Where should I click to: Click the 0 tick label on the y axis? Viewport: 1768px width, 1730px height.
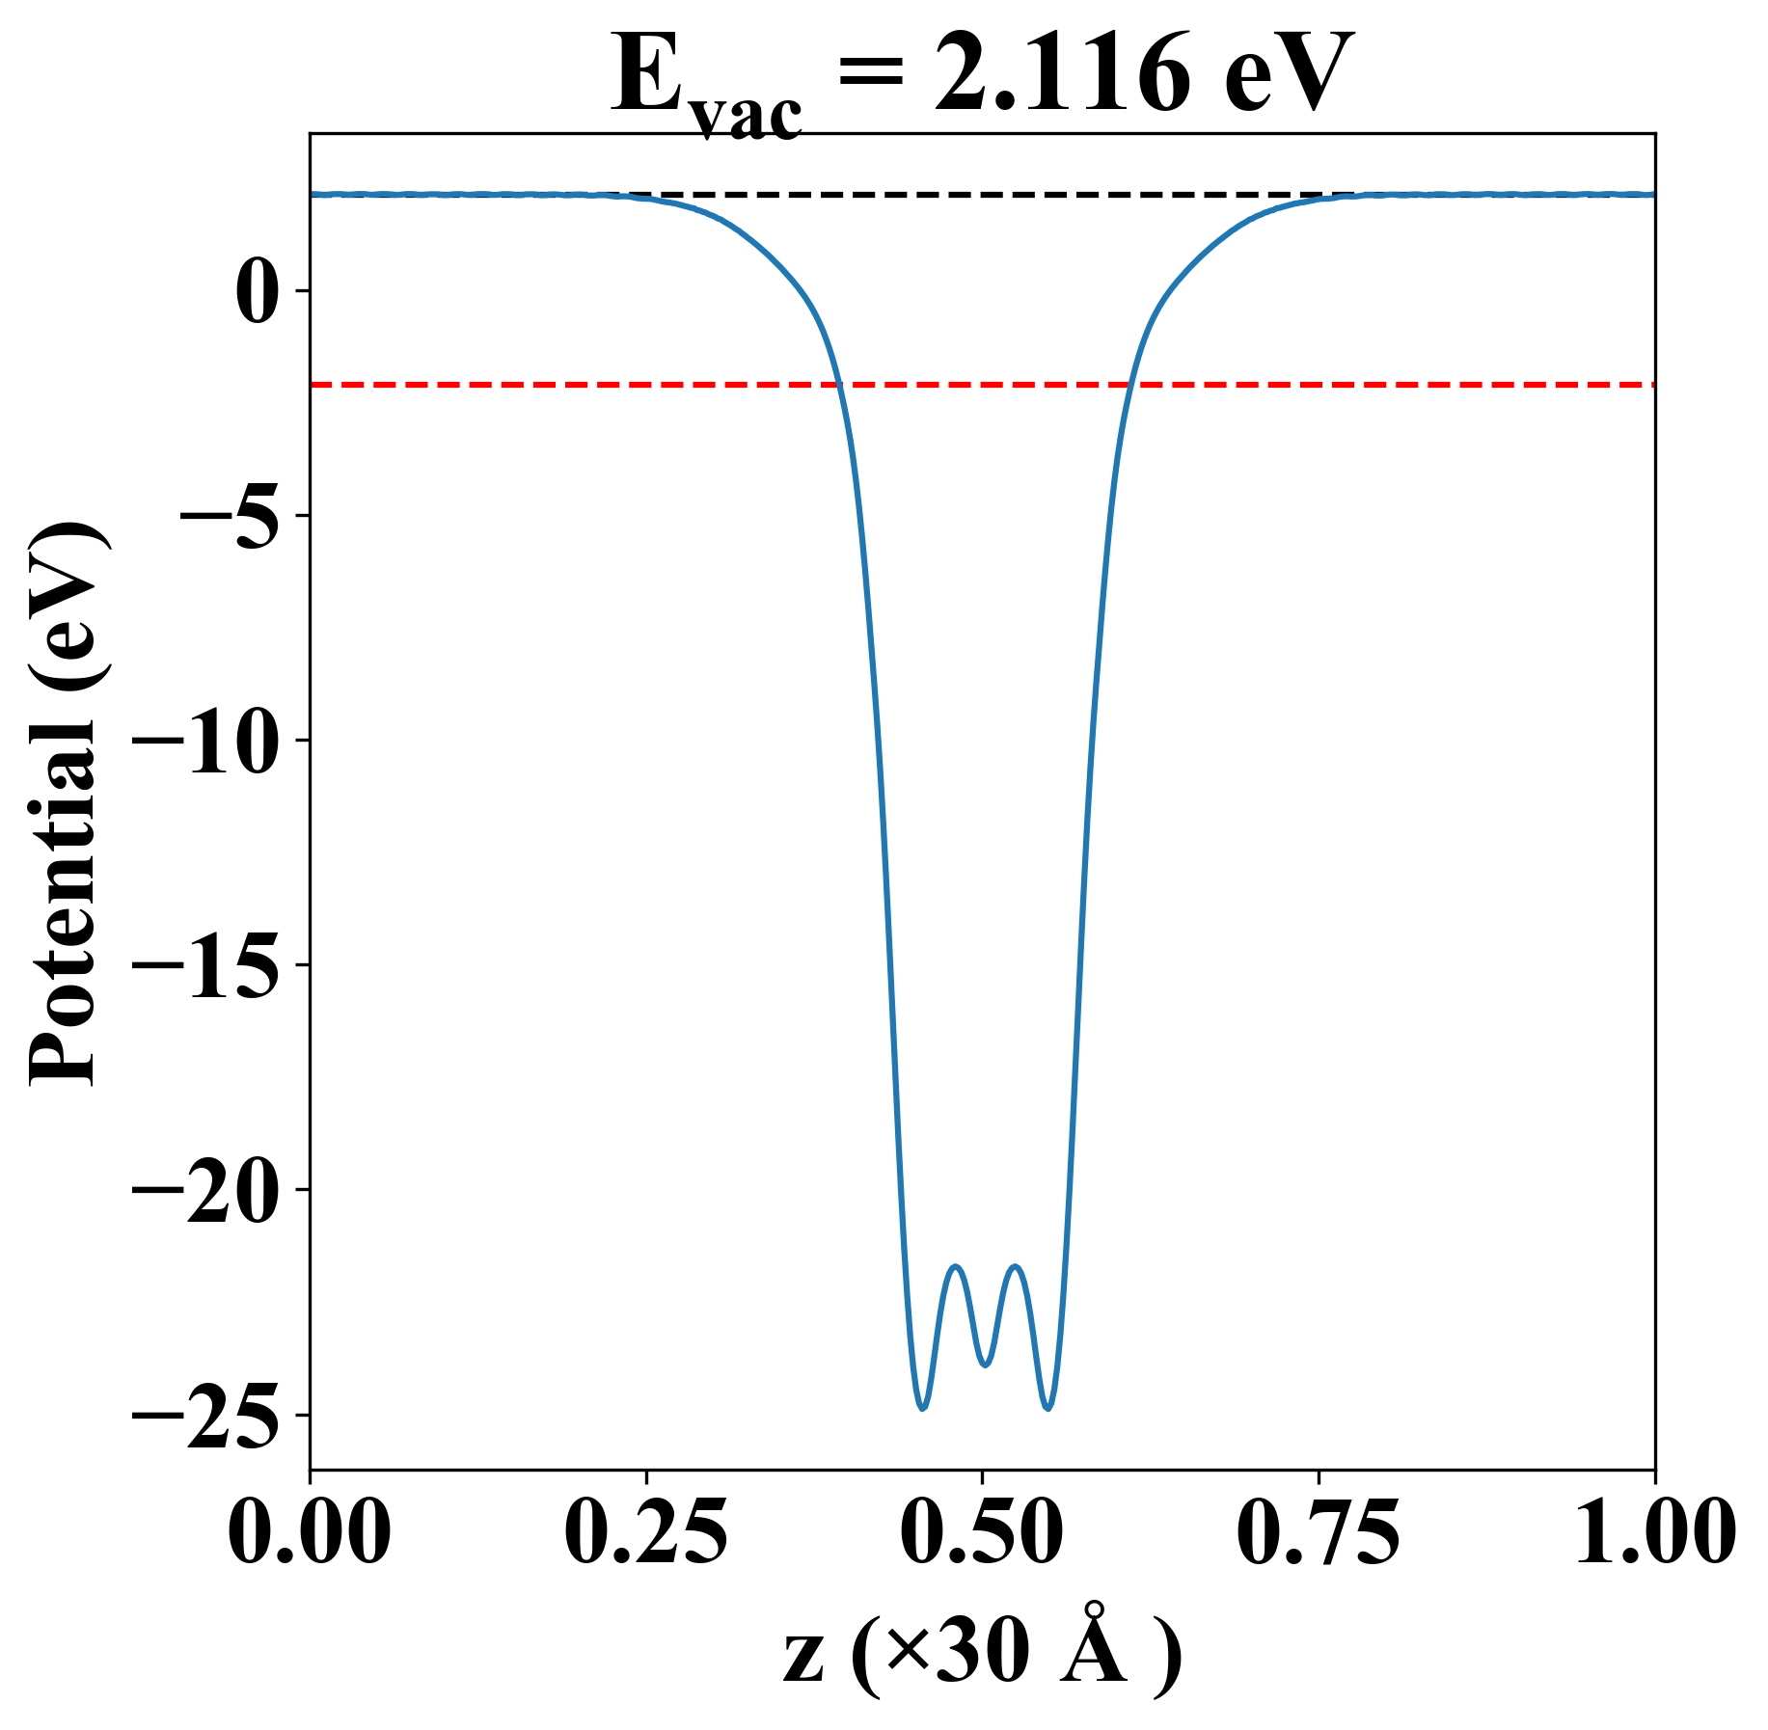[x=258, y=291]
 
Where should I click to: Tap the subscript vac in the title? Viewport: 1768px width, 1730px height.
[x=747, y=118]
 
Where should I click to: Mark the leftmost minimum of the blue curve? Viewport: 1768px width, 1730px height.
[x=922, y=1409]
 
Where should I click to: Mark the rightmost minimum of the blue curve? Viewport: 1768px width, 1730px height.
[x=1048, y=1409]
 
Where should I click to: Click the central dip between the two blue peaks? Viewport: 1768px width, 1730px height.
[x=985, y=1365]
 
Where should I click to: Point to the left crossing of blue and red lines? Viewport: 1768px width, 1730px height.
[x=839, y=385]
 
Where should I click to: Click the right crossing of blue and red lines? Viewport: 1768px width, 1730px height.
[x=1129, y=385]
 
